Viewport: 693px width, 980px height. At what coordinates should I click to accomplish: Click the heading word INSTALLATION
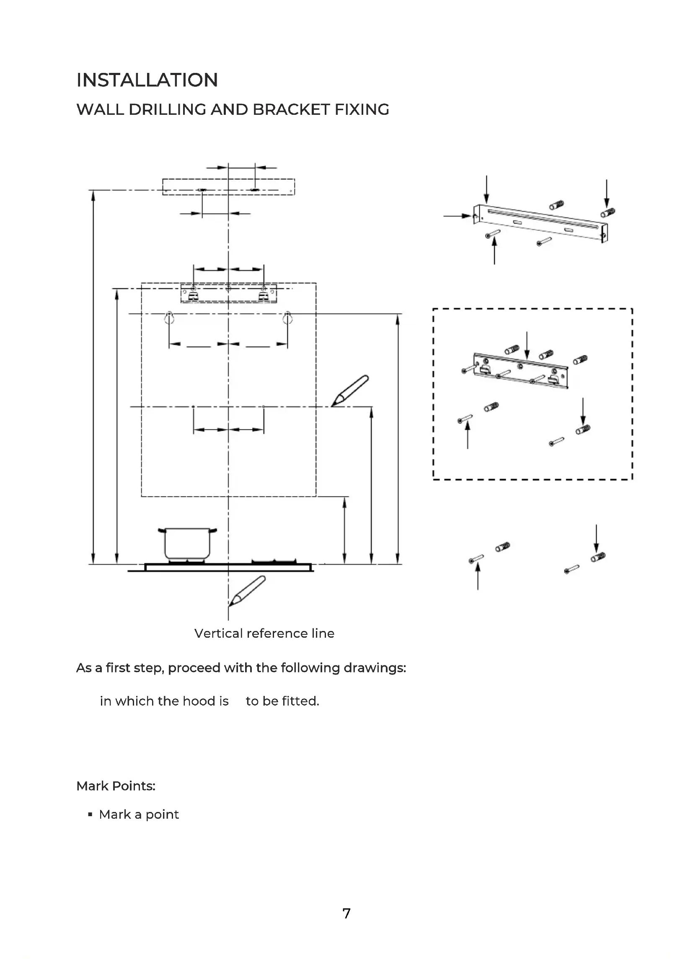click(147, 80)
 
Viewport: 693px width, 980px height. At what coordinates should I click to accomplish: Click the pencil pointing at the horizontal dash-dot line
click(350, 390)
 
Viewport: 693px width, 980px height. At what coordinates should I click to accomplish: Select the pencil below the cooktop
click(247, 591)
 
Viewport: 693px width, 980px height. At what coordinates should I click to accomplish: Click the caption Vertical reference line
click(264, 633)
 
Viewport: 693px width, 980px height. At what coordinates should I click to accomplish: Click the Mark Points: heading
click(116, 786)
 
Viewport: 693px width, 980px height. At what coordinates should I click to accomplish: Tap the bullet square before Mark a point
click(90, 815)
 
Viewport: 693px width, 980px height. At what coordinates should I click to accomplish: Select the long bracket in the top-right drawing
click(541, 223)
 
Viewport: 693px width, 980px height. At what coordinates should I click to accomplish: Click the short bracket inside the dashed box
click(521, 370)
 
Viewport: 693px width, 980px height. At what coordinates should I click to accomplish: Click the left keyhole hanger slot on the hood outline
click(169, 318)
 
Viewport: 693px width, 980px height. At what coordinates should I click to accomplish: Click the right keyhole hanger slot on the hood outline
click(287, 318)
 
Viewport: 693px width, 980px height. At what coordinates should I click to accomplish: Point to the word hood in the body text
click(199, 701)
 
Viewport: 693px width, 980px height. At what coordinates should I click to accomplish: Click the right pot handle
click(212, 530)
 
